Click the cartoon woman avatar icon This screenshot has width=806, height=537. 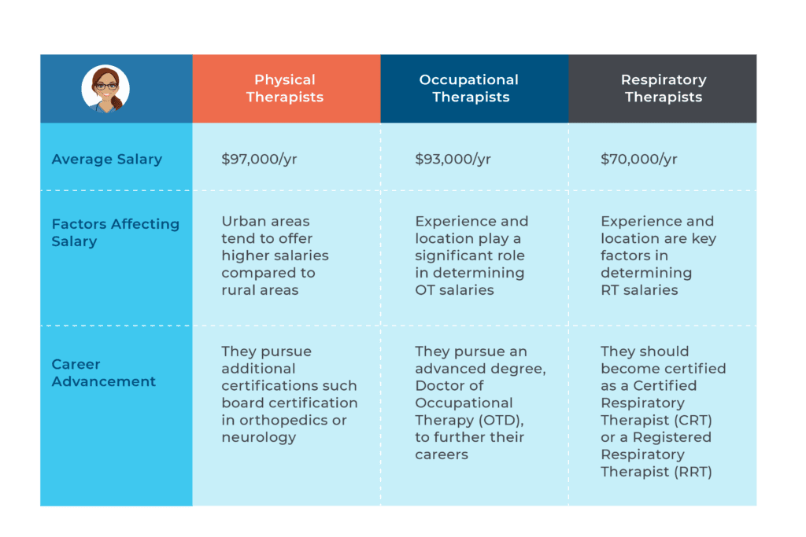click(x=105, y=88)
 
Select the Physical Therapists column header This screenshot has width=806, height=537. click(x=285, y=89)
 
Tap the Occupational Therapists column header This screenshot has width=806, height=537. click(x=471, y=89)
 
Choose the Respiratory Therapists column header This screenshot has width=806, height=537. click(x=663, y=89)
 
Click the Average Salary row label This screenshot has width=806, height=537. click(x=107, y=159)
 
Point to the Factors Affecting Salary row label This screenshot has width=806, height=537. click(x=115, y=233)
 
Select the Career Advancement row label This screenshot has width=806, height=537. click(x=103, y=373)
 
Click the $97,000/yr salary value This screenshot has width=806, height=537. click(x=259, y=159)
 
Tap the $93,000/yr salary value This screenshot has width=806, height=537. click(x=453, y=159)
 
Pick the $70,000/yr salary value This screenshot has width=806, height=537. click(x=638, y=159)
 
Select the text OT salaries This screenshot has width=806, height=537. click(x=455, y=290)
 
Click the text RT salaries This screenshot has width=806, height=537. click(x=639, y=290)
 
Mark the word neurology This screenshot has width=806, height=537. click(x=258, y=437)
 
